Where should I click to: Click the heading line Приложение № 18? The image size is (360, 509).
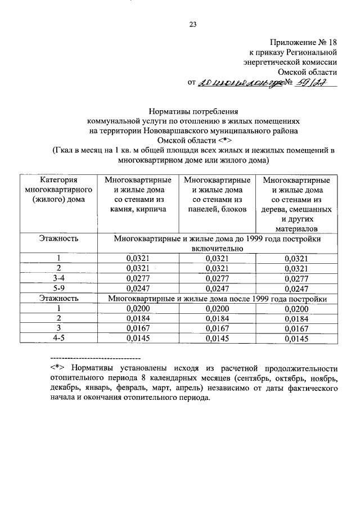click(x=303, y=42)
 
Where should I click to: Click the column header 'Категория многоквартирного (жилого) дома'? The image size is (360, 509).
click(x=58, y=191)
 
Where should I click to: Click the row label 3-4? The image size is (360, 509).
click(x=58, y=278)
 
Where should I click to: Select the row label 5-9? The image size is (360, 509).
click(x=58, y=288)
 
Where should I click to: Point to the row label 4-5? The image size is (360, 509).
click(x=58, y=339)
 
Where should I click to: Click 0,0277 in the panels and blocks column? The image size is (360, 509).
click(x=217, y=278)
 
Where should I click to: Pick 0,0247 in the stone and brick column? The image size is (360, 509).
click(x=138, y=288)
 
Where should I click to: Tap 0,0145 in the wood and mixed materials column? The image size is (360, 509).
click(x=296, y=339)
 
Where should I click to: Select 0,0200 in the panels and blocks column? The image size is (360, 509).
click(x=217, y=308)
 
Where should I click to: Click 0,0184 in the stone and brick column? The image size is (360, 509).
click(x=138, y=318)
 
